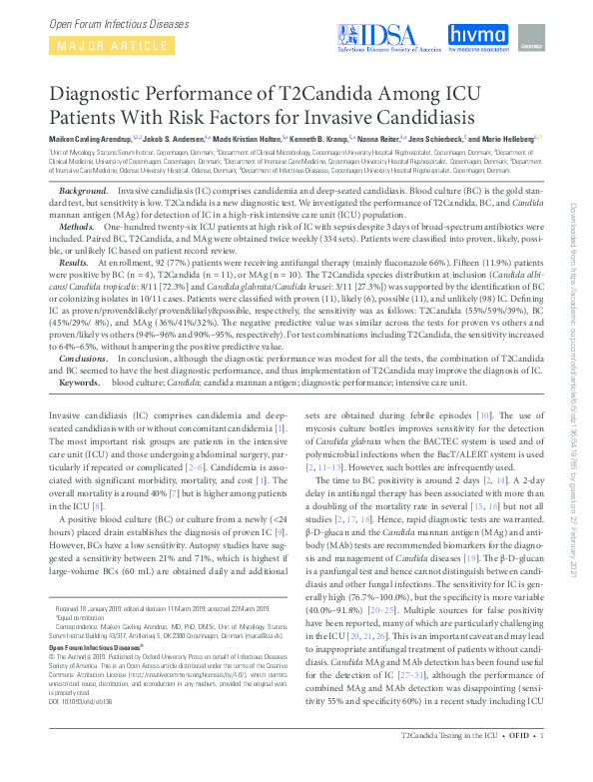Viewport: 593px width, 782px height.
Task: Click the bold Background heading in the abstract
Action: [84, 190]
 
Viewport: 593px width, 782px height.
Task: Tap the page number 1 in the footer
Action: [540, 765]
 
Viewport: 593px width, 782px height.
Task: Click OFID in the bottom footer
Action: [516, 765]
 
